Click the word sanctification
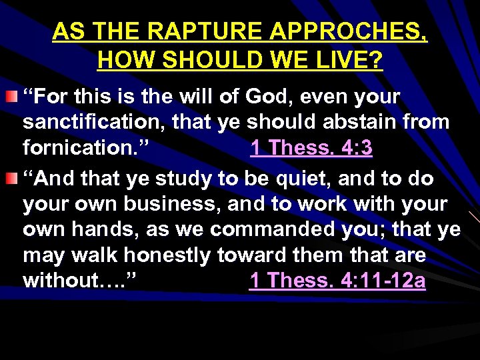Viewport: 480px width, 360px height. (95, 122)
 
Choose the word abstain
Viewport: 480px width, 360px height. (358, 122)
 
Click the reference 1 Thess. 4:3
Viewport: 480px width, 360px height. (311, 147)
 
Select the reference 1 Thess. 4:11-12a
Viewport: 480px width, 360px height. (337, 281)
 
